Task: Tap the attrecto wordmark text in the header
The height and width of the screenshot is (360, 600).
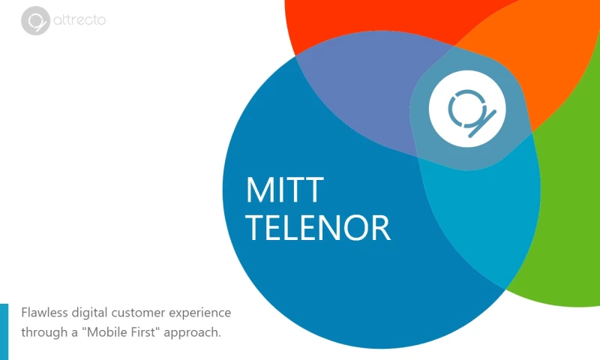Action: pyautogui.click(x=79, y=20)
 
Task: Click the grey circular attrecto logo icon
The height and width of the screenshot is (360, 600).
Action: pyautogui.click(x=34, y=21)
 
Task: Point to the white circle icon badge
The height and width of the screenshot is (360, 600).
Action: pyautogui.click(x=467, y=109)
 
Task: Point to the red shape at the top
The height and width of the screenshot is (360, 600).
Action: pyautogui.click(x=360, y=22)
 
